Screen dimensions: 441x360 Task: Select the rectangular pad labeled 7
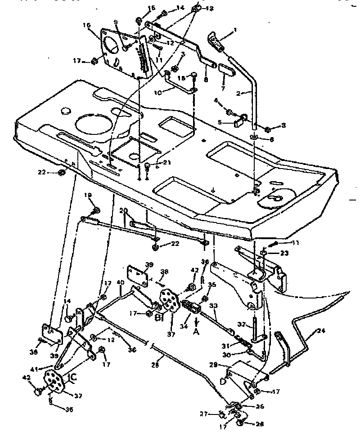(225, 70)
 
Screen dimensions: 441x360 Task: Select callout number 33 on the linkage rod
(214, 306)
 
